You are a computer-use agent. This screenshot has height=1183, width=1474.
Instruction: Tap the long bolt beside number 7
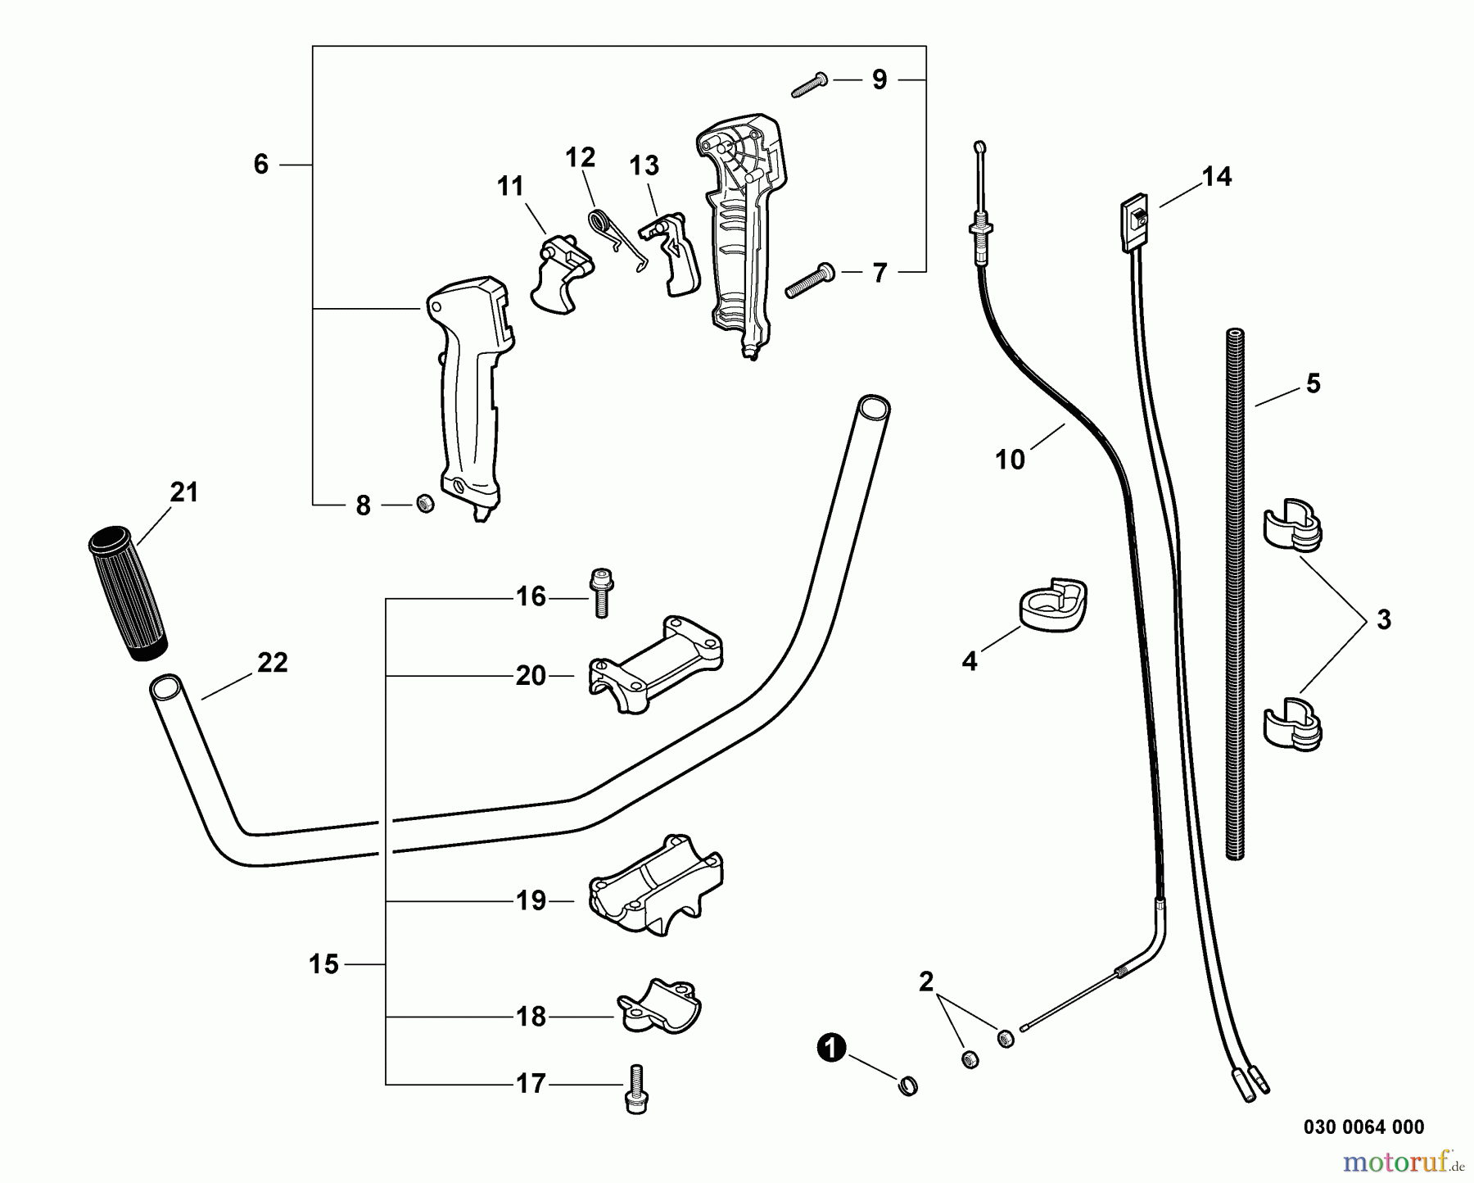pyautogui.click(x=809, y=280)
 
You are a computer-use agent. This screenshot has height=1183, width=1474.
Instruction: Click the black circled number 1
pyautogui.click(x=832, y=1049)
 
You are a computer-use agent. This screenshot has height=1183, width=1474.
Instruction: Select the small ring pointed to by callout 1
pyautogui.click(x=908, y=1086)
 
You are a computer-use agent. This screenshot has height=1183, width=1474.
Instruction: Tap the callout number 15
pyautogui.click(x=323, y=964)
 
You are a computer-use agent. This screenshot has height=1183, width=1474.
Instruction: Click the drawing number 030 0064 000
pyautogui.click(x=1363, y=1127)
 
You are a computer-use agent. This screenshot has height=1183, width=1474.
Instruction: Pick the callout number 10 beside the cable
pyautogui.click(x=1010, y=460)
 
